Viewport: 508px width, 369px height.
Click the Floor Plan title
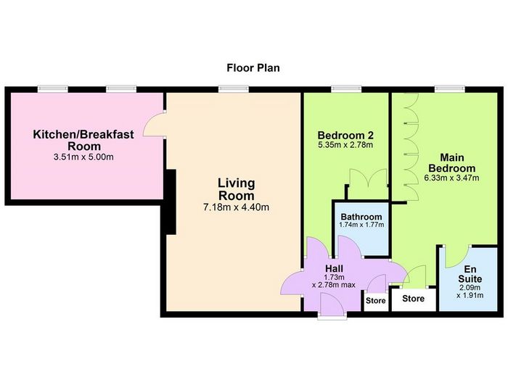(x=253, y=68)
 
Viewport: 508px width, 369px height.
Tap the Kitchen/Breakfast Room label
(x=83, y=140)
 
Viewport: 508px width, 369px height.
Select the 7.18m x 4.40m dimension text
(x=236, y=207)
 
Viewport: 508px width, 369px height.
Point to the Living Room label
(x=237, y=189)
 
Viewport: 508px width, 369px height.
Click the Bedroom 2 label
(x=345, y=135)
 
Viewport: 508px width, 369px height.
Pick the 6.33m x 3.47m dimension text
(x=451, y=178)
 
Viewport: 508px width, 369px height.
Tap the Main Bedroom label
(x=452, y=163)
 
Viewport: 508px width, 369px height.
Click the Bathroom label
(x=361, y=217)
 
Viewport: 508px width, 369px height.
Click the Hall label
(x=334, y=268)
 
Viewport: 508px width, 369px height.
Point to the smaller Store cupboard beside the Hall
(x=376, y=302)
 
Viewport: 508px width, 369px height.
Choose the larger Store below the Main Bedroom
(x=414, y=299)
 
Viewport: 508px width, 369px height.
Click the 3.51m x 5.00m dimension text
(x=83, y=157)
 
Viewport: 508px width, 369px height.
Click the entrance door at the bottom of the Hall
(x=332, y=304)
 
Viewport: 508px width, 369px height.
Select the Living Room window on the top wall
(x=233, y=89)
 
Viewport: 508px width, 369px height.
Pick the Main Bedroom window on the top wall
(x=450, y=89)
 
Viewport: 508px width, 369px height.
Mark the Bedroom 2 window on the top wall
(x=346, y=89)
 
